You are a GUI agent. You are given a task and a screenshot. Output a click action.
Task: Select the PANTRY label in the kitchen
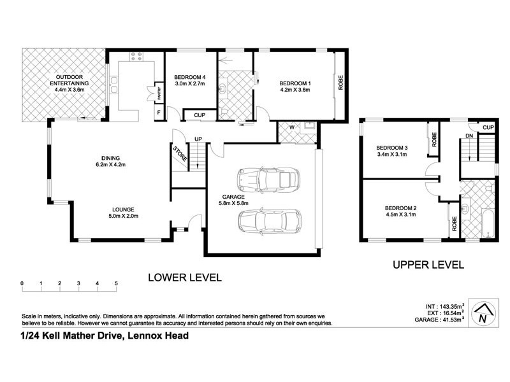(x=159, y=94)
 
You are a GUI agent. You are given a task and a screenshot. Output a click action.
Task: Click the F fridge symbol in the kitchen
(x=159, y=113)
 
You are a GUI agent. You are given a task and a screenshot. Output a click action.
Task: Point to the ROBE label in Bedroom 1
(x=341, y=82)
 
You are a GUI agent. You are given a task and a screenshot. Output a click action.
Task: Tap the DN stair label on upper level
(x=469, y=136)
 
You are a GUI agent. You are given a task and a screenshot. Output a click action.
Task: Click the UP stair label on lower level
(x=198, y=139)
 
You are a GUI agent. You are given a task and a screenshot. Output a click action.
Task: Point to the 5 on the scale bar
(x=116, y=283)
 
